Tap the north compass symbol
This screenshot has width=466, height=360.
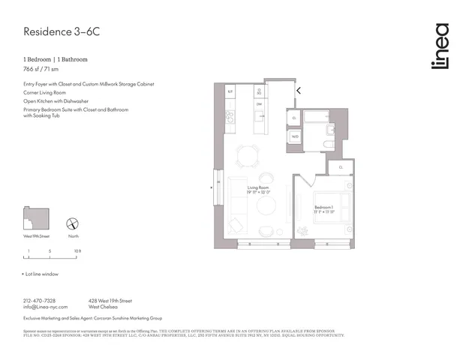pyautogui.click(x=73, y=223)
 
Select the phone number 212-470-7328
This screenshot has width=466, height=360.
pyautogui.click(x=41, y=300)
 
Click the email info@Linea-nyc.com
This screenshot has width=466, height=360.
pyautogui.click(x=46, y=307)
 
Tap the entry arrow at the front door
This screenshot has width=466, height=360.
pyautogui.click(x=299, y=91)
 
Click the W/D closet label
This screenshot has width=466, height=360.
pyautogui.click(x=295, y=136)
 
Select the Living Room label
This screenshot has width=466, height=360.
pyautogui.click(x=259, y=187)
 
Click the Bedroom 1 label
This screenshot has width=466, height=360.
pyautogui.click(x=324, y=206)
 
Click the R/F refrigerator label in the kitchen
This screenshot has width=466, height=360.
pyautogui.click(x=231, y=91)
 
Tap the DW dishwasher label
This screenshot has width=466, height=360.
pyautogui.click(x=259, y=104)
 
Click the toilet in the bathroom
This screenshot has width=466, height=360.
pyautogui.click(x=329, y=144)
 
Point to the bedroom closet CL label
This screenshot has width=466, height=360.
pyautogui.click(x=340, y=167)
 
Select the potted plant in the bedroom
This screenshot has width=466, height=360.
pyautogui.click(x=347, y=184)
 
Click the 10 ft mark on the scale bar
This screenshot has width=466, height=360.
pyautogui.click(x=77, y=250)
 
